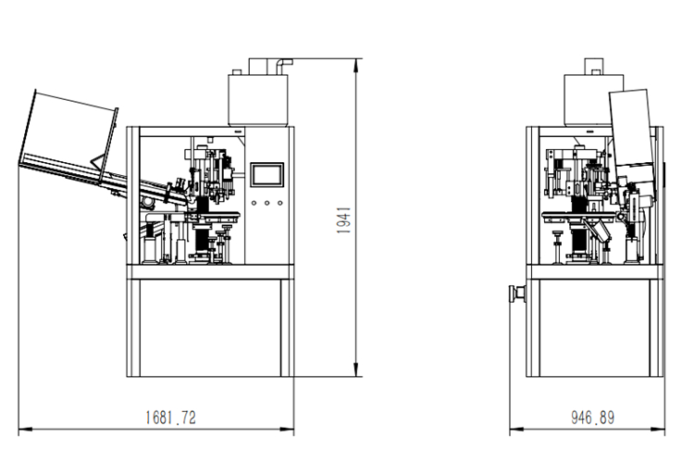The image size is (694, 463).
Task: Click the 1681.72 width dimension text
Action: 170,418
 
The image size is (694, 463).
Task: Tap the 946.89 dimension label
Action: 592,418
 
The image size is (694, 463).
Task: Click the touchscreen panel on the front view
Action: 266,176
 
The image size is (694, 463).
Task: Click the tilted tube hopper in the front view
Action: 69,134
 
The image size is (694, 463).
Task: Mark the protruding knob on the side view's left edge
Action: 511,294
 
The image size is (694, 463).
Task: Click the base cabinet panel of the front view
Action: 211,329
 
